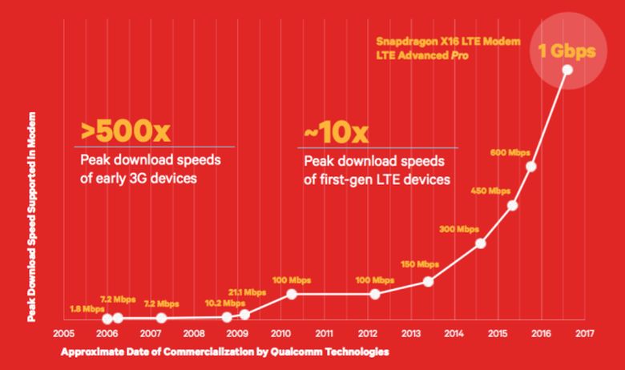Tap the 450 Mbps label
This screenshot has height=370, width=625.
490,190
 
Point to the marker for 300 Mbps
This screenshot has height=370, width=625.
481,243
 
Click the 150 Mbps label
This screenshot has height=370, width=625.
419,263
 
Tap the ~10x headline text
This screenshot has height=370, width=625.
337,130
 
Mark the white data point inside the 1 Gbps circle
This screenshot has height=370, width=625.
567,70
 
